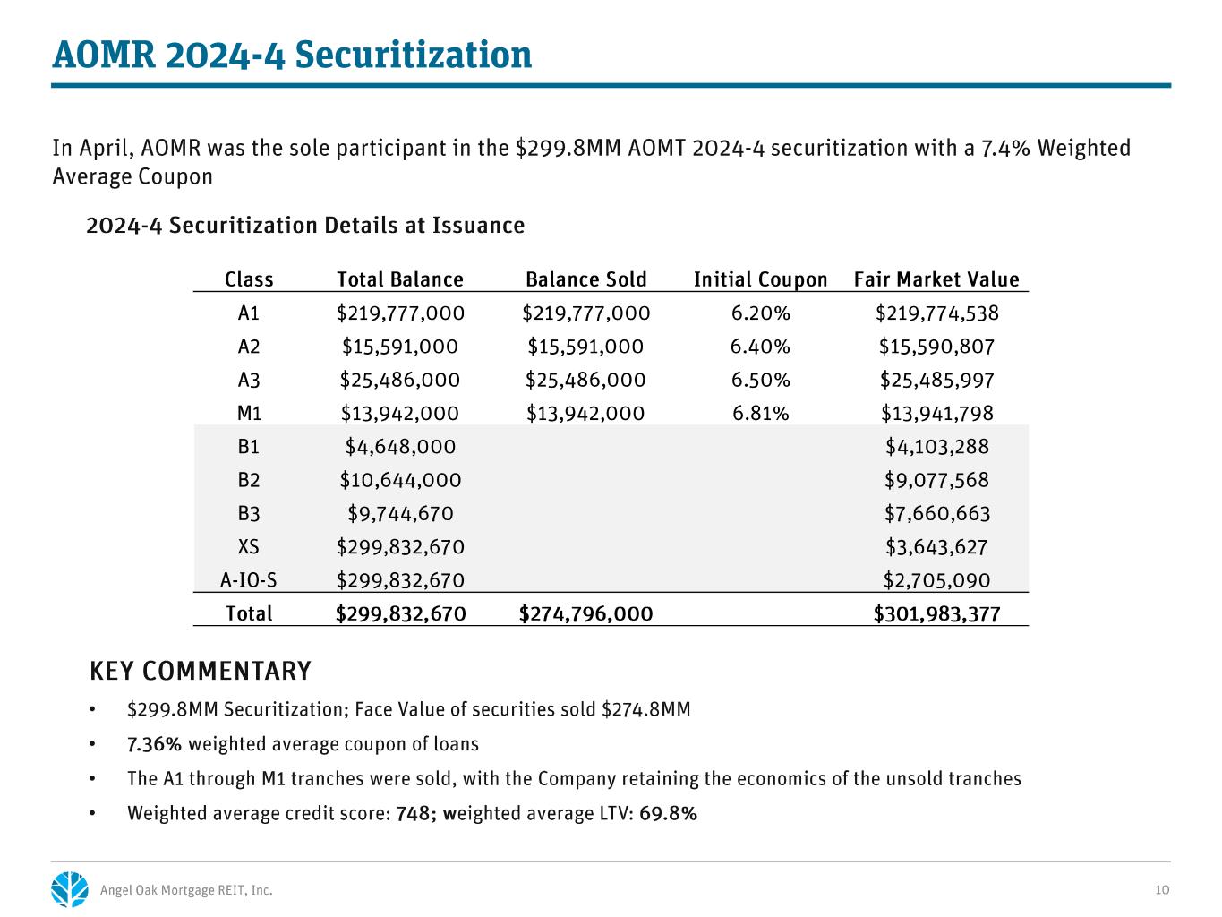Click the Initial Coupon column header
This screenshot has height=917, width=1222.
click(x=760, y=279)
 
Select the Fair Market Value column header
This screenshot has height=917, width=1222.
click(x=936, y=279)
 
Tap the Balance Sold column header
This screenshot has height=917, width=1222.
click(x=585, y=279)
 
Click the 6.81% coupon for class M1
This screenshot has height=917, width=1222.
click(x=760, y=413)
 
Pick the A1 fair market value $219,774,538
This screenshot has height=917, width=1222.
click(x=937, y=313)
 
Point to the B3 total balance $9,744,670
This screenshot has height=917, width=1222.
click(x=400, y=513)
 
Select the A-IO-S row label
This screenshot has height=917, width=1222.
click(x=248, y=580)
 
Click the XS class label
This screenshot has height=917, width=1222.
click(x=248, y=547)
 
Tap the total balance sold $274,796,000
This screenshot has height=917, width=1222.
click(x=585, y=613)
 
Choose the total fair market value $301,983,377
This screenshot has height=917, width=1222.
click(x=936, y=613)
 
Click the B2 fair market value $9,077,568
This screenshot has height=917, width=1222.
click(x=937, y=480)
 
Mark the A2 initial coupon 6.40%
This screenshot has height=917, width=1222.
click(x=760, y=347)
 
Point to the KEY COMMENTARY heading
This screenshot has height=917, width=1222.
click(x=201, y=671)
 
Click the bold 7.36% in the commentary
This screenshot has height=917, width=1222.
click(x=154, y=744)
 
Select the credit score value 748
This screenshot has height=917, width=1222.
click(x=413, y=813)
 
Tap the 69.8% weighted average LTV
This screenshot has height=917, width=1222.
click(x=668, y=813)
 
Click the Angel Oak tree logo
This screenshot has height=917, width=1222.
click(x=70, y=889)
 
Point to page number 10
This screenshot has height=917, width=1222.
click(x=1162, y=890)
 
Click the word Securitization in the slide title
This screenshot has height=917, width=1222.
click(x=413, y=55)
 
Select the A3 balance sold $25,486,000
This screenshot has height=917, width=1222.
click(x=585, y=380)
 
